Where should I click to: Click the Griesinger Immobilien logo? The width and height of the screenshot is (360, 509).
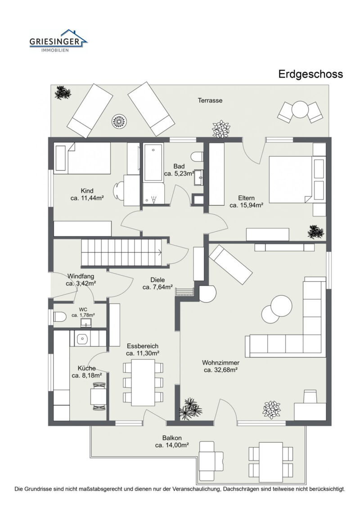pyautogui.click(x=58, y=41)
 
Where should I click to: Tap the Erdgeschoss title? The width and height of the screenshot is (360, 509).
pyautogui.click(x=310, y=74)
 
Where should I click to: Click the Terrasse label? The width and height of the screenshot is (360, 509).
pyautogui.click(x=210, y=100)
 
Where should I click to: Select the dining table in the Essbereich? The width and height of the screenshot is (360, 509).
pyautogui.click(x=143, y=382)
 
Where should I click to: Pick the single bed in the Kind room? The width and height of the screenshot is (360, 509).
pyautogui.click(x=82, y=158)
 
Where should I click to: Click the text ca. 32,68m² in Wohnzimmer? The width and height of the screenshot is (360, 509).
pyautogui.click(x=220, y=370)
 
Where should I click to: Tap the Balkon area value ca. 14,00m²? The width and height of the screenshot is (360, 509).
pyautogui.click(x=172, y=445)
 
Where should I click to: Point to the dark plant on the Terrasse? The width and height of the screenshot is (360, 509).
pyautogui.click(x=62, y=93)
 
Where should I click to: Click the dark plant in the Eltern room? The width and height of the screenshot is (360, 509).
pyautogui.click(x=315, y=232)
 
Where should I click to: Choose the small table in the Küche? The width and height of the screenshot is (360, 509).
pyautogui.click(x=99, y=396)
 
